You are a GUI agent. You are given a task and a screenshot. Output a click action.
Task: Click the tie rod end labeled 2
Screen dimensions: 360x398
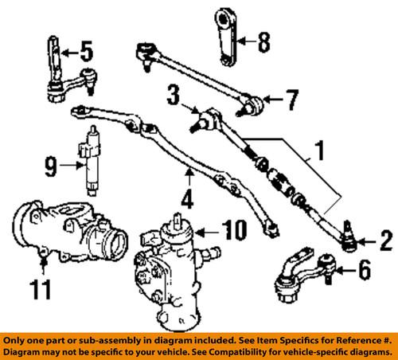(x=348, y=235)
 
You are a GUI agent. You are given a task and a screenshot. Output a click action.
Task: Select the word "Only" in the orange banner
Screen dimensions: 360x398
(x=17, y=339)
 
